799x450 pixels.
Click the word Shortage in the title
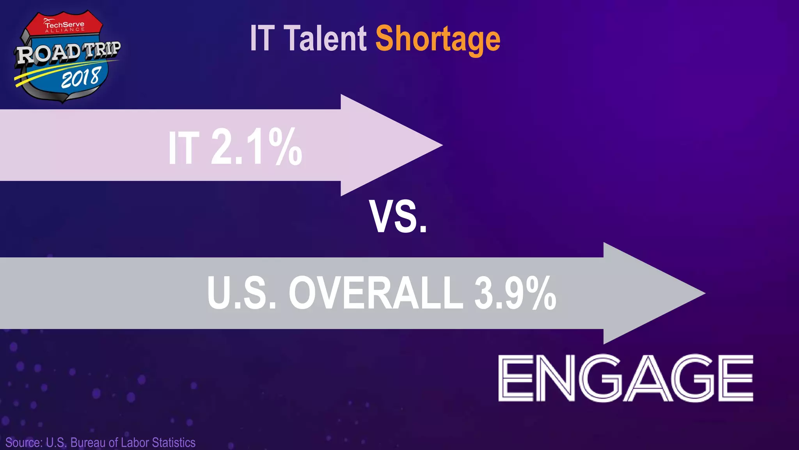pos(438,39)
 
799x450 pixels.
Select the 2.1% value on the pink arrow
pos(256,148)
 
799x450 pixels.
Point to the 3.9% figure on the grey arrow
pos(515,293)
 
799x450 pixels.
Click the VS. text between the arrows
pos(398,218)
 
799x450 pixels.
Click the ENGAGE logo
pos(625,378)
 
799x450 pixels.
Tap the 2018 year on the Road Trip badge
pos(81,78)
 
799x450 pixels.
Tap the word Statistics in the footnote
pos(174,443)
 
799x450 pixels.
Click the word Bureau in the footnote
pos(88,443)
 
